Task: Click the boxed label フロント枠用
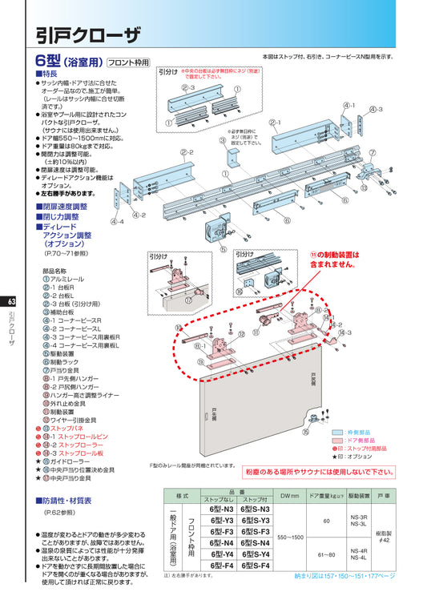128,61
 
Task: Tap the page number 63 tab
10,302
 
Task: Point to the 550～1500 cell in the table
290,537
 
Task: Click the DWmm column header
290,497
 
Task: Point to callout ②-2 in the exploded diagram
186,152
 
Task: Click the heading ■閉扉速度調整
62,206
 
